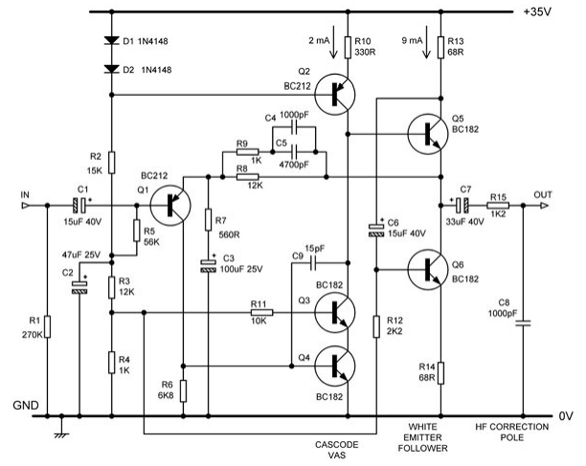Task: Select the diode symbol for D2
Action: click(111, 71)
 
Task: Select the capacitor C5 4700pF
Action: click(295, 150)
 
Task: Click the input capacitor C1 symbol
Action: click(83, 205)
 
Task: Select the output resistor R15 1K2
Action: click(498, 205)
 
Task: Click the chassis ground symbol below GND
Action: click(62, 430)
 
